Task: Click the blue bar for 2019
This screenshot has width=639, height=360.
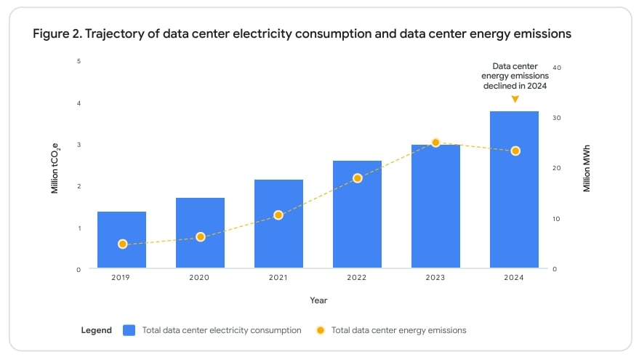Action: point(122,239)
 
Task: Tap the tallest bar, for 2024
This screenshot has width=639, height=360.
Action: point(514,189)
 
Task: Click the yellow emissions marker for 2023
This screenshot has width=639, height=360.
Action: point(435,143)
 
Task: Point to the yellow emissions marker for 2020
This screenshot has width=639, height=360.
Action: point(201,237)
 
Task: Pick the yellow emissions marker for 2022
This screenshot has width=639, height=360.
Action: point(357,178)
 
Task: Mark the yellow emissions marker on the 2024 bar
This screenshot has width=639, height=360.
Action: point(515,151)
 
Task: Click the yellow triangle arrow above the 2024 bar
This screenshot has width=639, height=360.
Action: point(515,100)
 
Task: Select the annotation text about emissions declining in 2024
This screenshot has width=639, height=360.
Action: point(515,76)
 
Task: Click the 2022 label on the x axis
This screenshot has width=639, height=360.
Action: point(357,278)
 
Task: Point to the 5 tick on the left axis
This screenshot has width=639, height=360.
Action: point(79,60)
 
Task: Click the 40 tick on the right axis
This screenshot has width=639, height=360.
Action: point(557,67)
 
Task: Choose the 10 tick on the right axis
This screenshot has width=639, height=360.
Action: point(557,219)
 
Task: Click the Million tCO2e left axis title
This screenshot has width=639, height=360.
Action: point(55,169)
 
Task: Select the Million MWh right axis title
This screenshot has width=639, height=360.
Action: point(587,169)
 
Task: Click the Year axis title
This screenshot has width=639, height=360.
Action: point(318,300)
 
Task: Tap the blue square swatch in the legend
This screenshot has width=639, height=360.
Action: point(129,330)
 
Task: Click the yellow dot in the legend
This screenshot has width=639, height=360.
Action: point(320,330)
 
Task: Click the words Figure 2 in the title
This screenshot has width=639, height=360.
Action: point(57,34)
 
